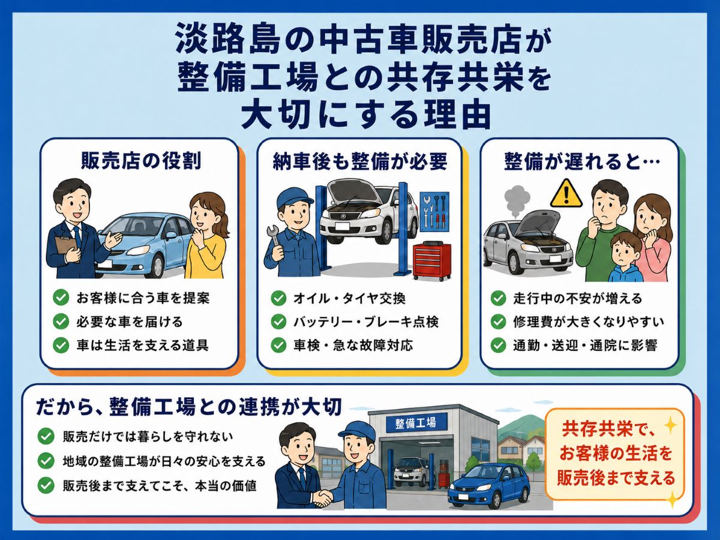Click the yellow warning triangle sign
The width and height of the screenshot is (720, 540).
(x=566, y=194)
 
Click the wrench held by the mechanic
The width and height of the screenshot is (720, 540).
(x=274, y=238)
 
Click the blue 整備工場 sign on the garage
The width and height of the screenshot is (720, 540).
(x=416, y=422)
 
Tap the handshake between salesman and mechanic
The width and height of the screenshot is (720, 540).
(x=322, y=499)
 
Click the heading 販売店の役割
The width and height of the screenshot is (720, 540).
(x=141, y=161)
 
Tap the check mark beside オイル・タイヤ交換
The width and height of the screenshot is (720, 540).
(x=278, y=298)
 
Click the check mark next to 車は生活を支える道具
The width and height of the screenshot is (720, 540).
(x=61, y=345)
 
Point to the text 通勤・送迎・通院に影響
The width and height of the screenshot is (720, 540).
(x=585, y=345)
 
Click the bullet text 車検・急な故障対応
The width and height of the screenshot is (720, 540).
(x=353, y=345)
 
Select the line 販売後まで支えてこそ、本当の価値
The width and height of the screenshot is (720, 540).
(x=160, y=486)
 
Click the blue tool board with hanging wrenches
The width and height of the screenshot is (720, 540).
(x=434, y=213)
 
